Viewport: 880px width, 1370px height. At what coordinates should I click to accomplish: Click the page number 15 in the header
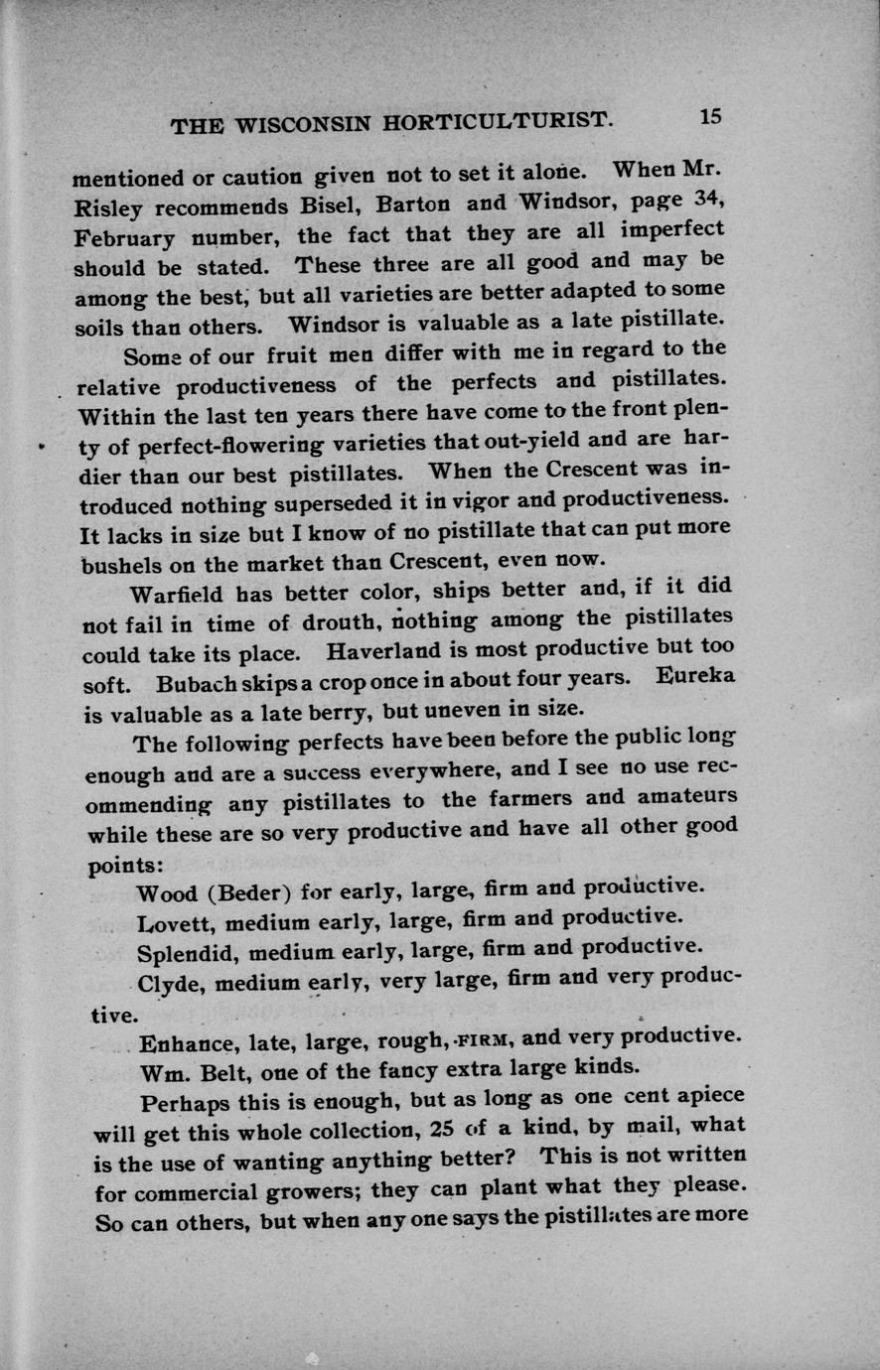[x=710, y=116]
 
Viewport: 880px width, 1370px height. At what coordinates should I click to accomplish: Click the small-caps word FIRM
[x=485, y=1039]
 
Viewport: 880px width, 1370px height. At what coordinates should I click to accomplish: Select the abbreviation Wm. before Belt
[x=165, y=1072]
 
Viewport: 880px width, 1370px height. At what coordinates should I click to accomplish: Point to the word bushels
[x=117, y=565]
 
